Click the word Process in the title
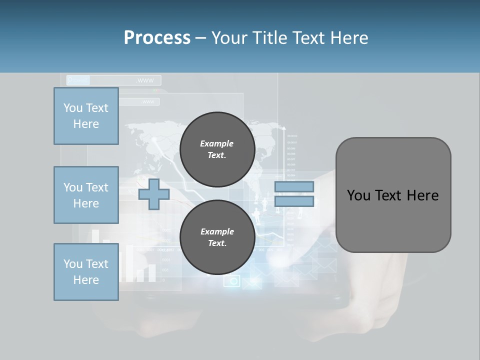157,38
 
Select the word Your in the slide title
230,38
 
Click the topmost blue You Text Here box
86,116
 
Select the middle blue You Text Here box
86,195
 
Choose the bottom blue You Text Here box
86,272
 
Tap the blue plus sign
154,194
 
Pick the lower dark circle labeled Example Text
217,237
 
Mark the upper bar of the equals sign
294,186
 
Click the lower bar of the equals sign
294,201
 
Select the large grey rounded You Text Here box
393,195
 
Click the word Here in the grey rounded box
422,195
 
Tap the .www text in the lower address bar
148,102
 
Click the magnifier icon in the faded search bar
71,80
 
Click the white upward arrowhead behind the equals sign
284,129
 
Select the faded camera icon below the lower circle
232,281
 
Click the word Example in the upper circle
217,143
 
